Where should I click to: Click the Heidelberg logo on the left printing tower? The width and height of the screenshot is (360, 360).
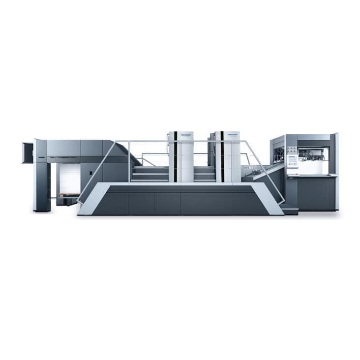coord(186,134)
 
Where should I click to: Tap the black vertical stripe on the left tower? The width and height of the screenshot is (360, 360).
coord(176,157)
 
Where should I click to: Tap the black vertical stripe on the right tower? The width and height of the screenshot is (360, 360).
coord(222,157)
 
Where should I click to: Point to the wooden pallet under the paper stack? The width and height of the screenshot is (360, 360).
coord(68,195)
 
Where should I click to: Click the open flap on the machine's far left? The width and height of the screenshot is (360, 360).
coord(28,152)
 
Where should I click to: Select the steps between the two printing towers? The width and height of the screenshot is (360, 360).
coord(205,174)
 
